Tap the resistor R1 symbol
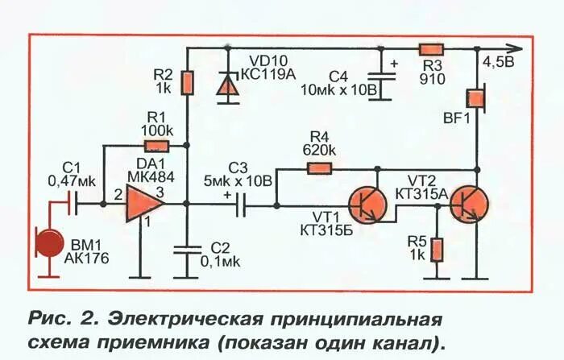(156, 146)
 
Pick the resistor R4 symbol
(321, 169)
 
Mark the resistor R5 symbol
(437, 249)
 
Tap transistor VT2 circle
(468, 205)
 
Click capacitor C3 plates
(242, 205)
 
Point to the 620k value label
(320, 149)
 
